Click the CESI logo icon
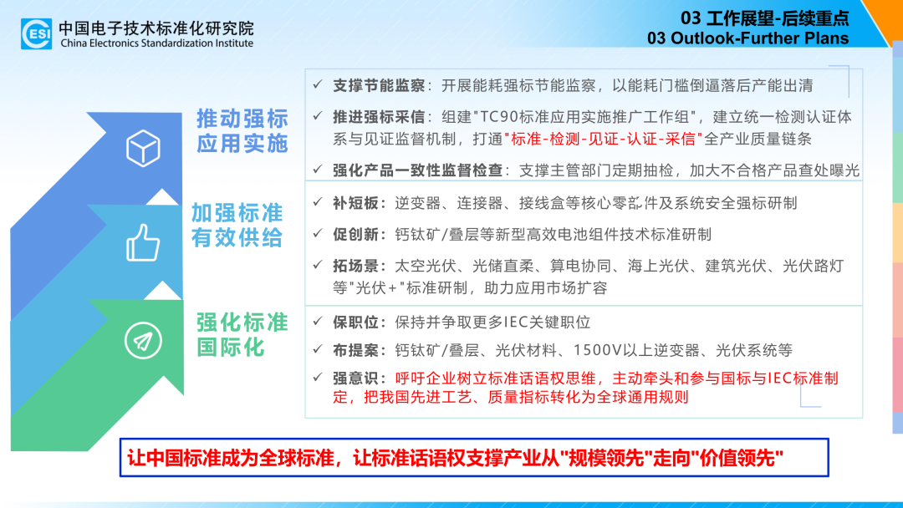point(36,33)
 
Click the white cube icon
point(143,148)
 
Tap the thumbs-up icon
point(143,243)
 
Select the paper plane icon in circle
point(143,341)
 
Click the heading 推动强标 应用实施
point(242,130)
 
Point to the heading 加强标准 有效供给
point(237,225)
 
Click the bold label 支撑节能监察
point(379,86)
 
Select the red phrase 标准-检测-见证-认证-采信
point(604,140)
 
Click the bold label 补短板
point(355,203)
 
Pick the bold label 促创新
point(355,235)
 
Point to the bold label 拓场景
point(355,267)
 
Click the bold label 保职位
point(355,323)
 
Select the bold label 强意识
point(355,378)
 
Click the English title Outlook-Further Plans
point(760,38)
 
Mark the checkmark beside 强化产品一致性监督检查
point(318,169)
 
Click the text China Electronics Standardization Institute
point(156,43)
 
